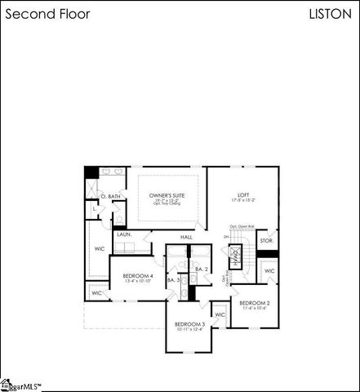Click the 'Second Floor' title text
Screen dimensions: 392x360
48,15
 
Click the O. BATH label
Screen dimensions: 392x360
109,196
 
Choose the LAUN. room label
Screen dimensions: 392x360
124,234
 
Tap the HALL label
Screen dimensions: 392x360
186,237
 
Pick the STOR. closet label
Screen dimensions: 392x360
265,241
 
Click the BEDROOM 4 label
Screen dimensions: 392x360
138,276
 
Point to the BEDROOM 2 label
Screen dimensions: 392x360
255,303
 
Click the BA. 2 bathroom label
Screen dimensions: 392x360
202,269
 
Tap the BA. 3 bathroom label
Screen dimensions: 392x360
173,279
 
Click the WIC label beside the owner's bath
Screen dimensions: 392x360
100,248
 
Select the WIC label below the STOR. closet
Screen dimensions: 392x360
269,271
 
